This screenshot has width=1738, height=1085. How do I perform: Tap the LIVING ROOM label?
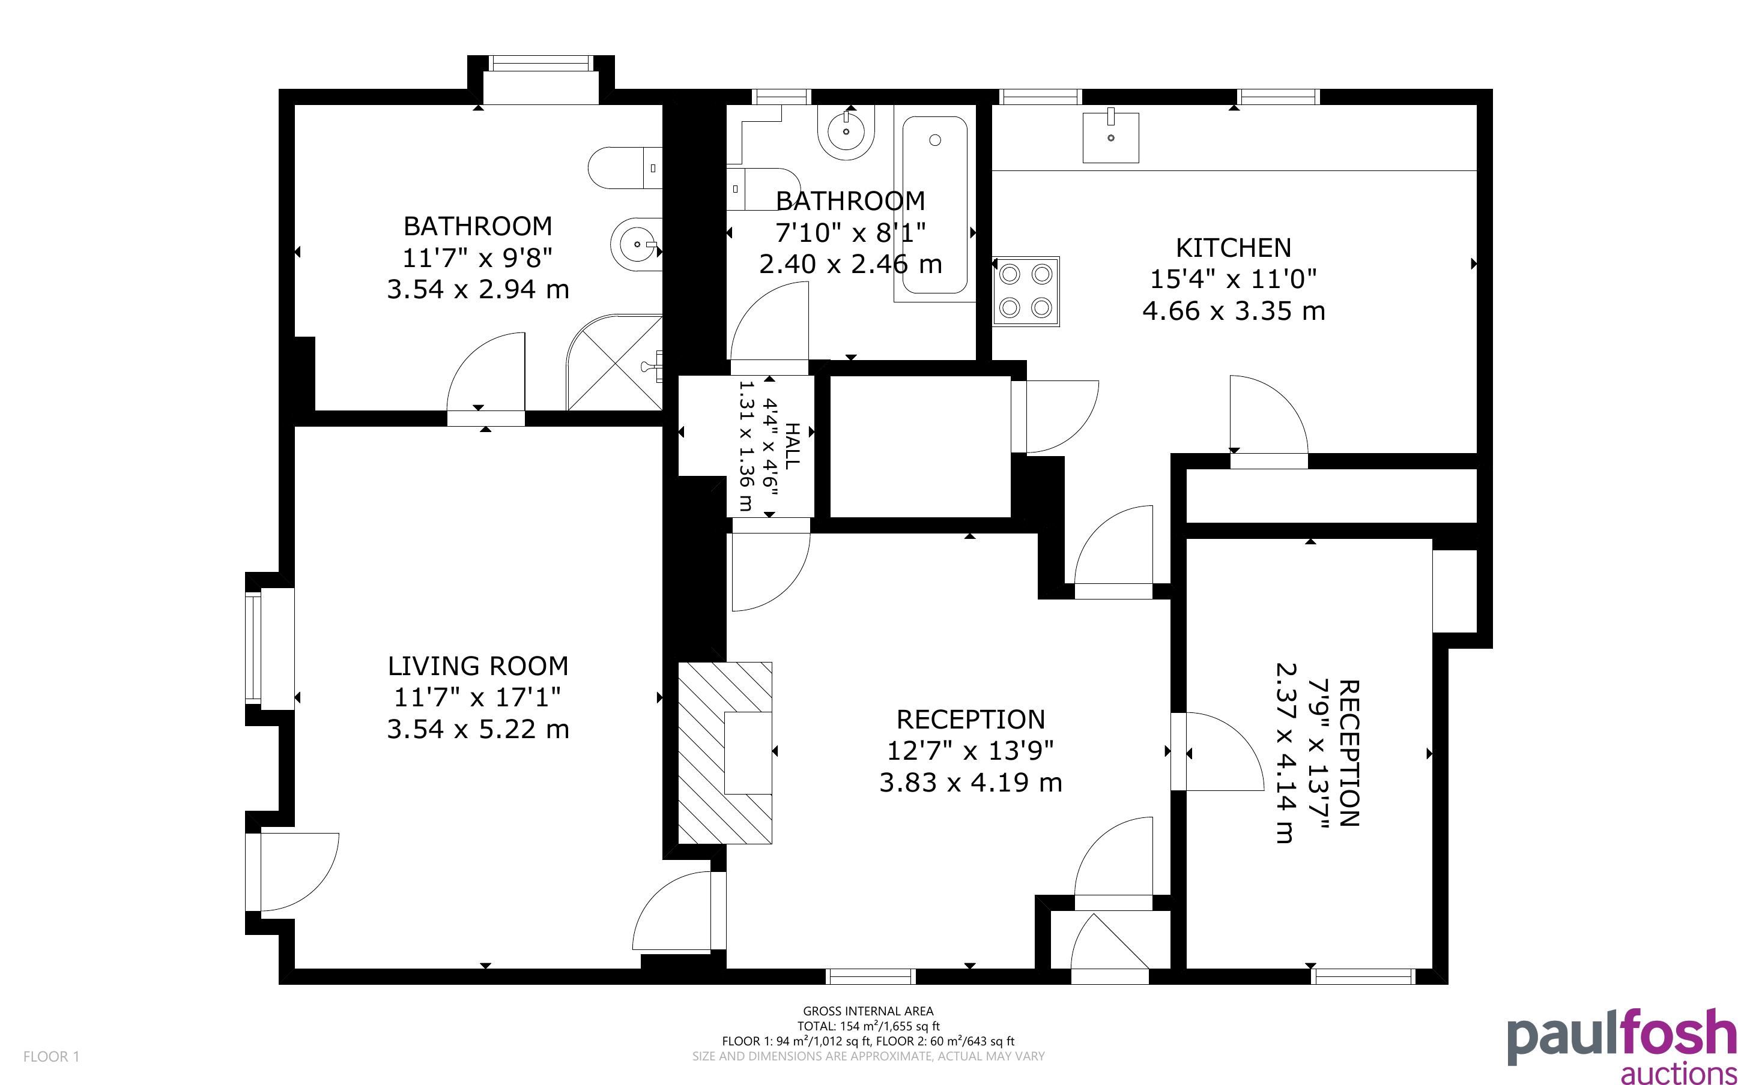click(x=478, y=666)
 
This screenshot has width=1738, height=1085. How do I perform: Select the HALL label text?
click(x=791, y=446)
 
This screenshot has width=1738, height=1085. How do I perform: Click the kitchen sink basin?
click(x=1110, y=136)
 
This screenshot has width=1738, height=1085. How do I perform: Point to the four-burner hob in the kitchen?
click(x=1026, y=291)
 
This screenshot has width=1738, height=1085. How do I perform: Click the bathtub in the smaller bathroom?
click(x=934, y=205)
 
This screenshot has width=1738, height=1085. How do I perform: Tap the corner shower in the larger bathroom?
click(x=614, y=362)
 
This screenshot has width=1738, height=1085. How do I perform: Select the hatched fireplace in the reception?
click(x=725, y=753)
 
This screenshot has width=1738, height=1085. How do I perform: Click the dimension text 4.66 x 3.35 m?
click(x=1234, y=311)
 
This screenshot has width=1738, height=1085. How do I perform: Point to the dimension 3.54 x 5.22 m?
click(x=478, y=729)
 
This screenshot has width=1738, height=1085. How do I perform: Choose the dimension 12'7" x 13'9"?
click(x=970, y=751)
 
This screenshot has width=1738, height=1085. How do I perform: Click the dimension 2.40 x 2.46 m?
click(x=851, y=264)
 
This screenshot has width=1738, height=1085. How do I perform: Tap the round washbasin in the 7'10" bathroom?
click(x=847, y=132)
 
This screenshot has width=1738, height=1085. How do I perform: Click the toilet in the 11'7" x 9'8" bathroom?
click(x=625, y=169)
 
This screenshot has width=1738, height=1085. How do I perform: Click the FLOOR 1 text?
click(x=52, y=1056)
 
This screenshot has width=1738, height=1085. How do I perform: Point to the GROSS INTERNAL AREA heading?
click(x=868, y=1011)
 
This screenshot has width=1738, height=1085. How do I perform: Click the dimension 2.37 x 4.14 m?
click(x=1285, y=753)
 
